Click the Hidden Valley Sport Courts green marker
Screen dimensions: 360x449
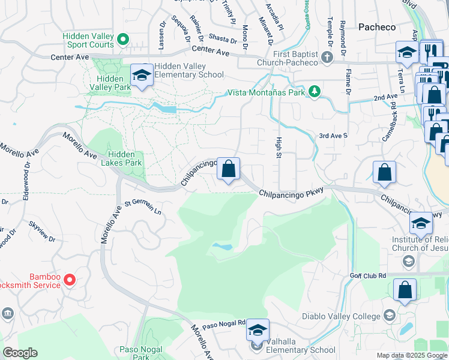tap(124, 40)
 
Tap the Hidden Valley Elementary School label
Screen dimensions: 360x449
tap(188, 70)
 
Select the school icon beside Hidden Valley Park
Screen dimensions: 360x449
tap(142, 75)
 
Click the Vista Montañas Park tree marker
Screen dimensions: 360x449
tap(314, 91)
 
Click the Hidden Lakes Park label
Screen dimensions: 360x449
tap(122, 158)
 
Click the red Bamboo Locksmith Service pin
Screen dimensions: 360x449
tap(70, 279)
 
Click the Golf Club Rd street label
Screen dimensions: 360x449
tap(368, 275)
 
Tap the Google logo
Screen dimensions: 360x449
tap(20, 353)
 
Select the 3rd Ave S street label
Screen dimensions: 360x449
tap(333, 136)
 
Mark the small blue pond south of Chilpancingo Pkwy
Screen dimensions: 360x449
tap(221, 247)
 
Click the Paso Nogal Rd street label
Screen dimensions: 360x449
tap(224, 325)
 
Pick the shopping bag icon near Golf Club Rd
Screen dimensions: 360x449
tap(405, 290)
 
